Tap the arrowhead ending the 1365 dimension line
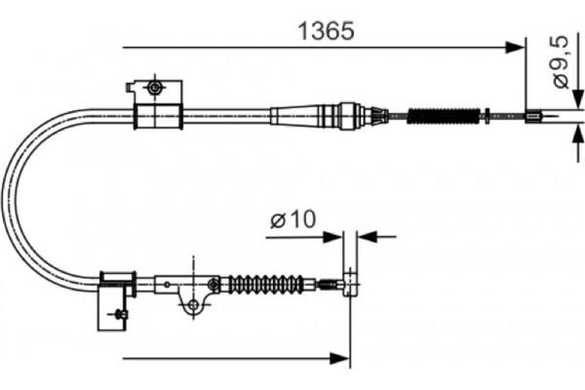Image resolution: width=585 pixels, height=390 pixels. pos(518,46)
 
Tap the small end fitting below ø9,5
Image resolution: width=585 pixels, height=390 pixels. pos(533,118)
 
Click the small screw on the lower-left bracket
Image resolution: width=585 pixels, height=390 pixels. pos(118,314)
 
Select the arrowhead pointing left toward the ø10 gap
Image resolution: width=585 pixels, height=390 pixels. pos(364,236)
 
